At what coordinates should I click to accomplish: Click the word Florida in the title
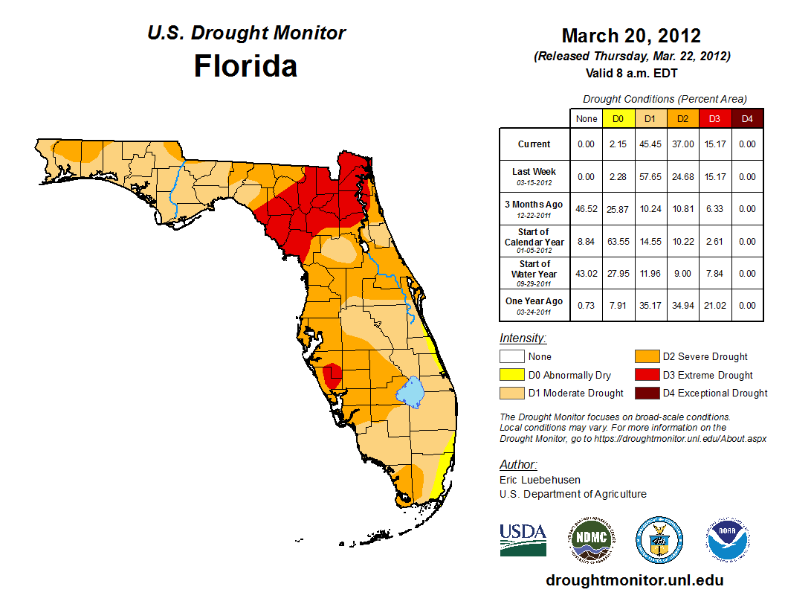[x=245, y=66]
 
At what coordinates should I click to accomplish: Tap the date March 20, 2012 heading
[x=631, y=36]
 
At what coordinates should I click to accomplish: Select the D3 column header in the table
[x=714, y=118]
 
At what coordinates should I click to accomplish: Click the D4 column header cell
[x=747, y=118]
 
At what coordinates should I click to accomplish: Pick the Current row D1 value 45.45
[x=650, y=144]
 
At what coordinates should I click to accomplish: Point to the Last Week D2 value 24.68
[x=682, y=177]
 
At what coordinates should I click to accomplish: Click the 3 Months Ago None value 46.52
[x=587, y=209]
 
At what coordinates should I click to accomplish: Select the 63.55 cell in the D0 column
[x=618, y=242]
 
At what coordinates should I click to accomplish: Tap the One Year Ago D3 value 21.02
[x=714, y=306]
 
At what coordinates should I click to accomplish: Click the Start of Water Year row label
[x=534, y=274]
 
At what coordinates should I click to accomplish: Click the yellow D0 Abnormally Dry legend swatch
[x=511, y=375]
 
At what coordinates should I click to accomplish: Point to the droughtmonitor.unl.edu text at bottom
[x=634, y=580]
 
